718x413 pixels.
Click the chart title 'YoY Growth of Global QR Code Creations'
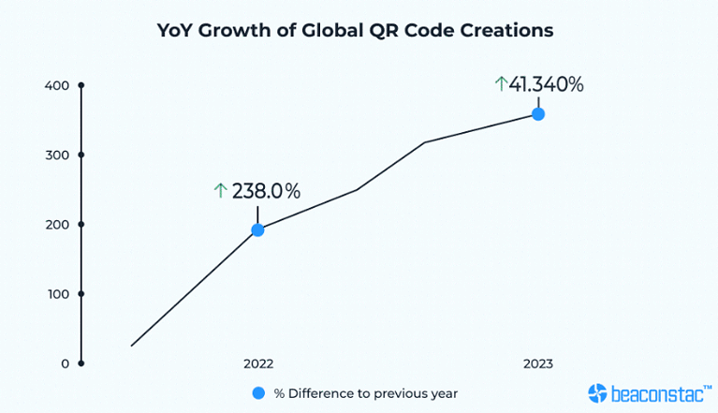coord(355,30)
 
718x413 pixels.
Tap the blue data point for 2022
coord(257,229)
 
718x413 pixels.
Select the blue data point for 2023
coord(538,114)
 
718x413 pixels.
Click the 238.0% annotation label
coord(266,191)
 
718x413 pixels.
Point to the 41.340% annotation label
coord(546,84)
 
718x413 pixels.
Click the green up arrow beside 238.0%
coord(221,191)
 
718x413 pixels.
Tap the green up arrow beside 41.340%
coord(501,84)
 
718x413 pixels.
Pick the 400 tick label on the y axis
coord(57,86)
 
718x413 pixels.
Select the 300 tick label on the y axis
coord(57,155)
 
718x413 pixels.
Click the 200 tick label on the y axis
coord(57,225)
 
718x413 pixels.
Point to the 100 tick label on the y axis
coord(57,294)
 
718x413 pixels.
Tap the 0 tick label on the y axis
coord(65,363)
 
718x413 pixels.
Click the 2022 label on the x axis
coord(257,363)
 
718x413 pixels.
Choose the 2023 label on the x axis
coord(538,363)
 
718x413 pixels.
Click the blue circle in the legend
coord(258,393)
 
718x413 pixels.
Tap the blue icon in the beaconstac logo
coord(598,393)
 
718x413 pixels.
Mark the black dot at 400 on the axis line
coord(81,86)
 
